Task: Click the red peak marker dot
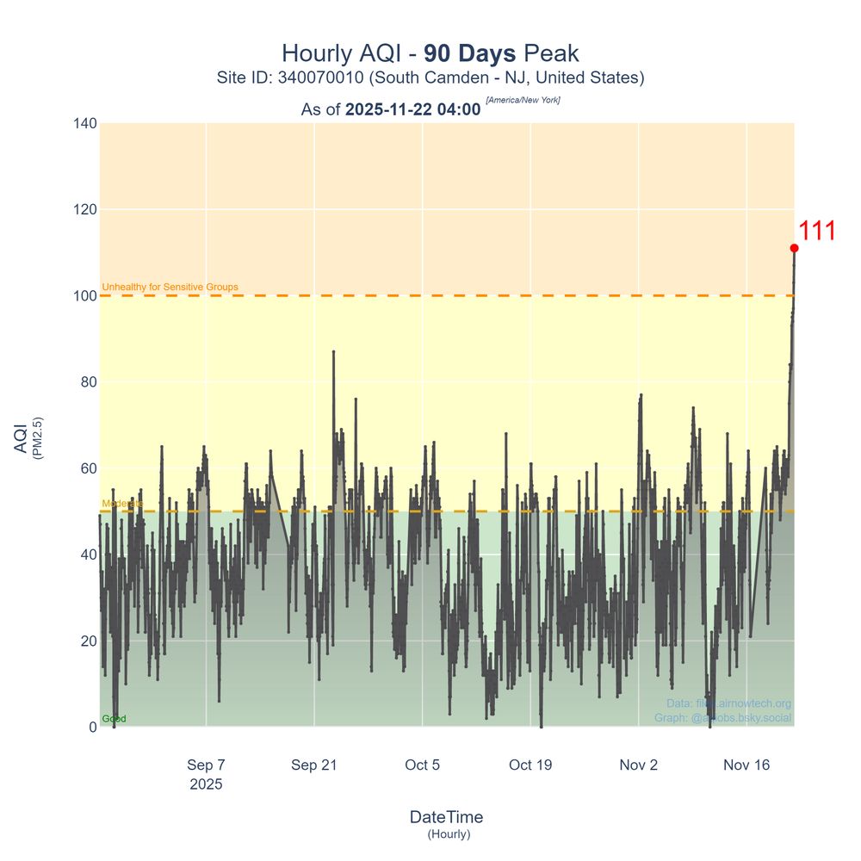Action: pyautogui.click(x=794, y=248)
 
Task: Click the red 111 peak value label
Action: pyautogui.click(x=816, y=232)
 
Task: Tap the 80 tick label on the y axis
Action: pyautogui.click(x=87, y=382)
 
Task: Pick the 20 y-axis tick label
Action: pyautogui.click(x=87, y=641)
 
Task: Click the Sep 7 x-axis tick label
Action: pyautogui.click(x=206, y=765)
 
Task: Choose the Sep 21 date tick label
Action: pyautogui.click(x=314, y=765)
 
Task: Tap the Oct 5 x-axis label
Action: pyautogui.click(x=422, y=765)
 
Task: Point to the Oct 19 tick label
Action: pyautogui.click(x=530, y=765)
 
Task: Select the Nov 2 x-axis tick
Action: pyautogui.click(x=638, y=765)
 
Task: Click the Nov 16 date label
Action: pyautogui.click(x=746, y=765)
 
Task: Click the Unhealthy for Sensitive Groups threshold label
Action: pyautogui.click(x=170, y=287)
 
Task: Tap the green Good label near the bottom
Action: pyautogui.click(x=114, y=719)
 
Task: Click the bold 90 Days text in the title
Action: pyautogui.click(x=470, y=53)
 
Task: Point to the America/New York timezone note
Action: pyautogui.click(x=523, y=101)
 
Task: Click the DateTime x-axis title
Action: pyautogui.click(x=446, y=817)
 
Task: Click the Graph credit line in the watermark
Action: pyautogui.click(x=722, y=718)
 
